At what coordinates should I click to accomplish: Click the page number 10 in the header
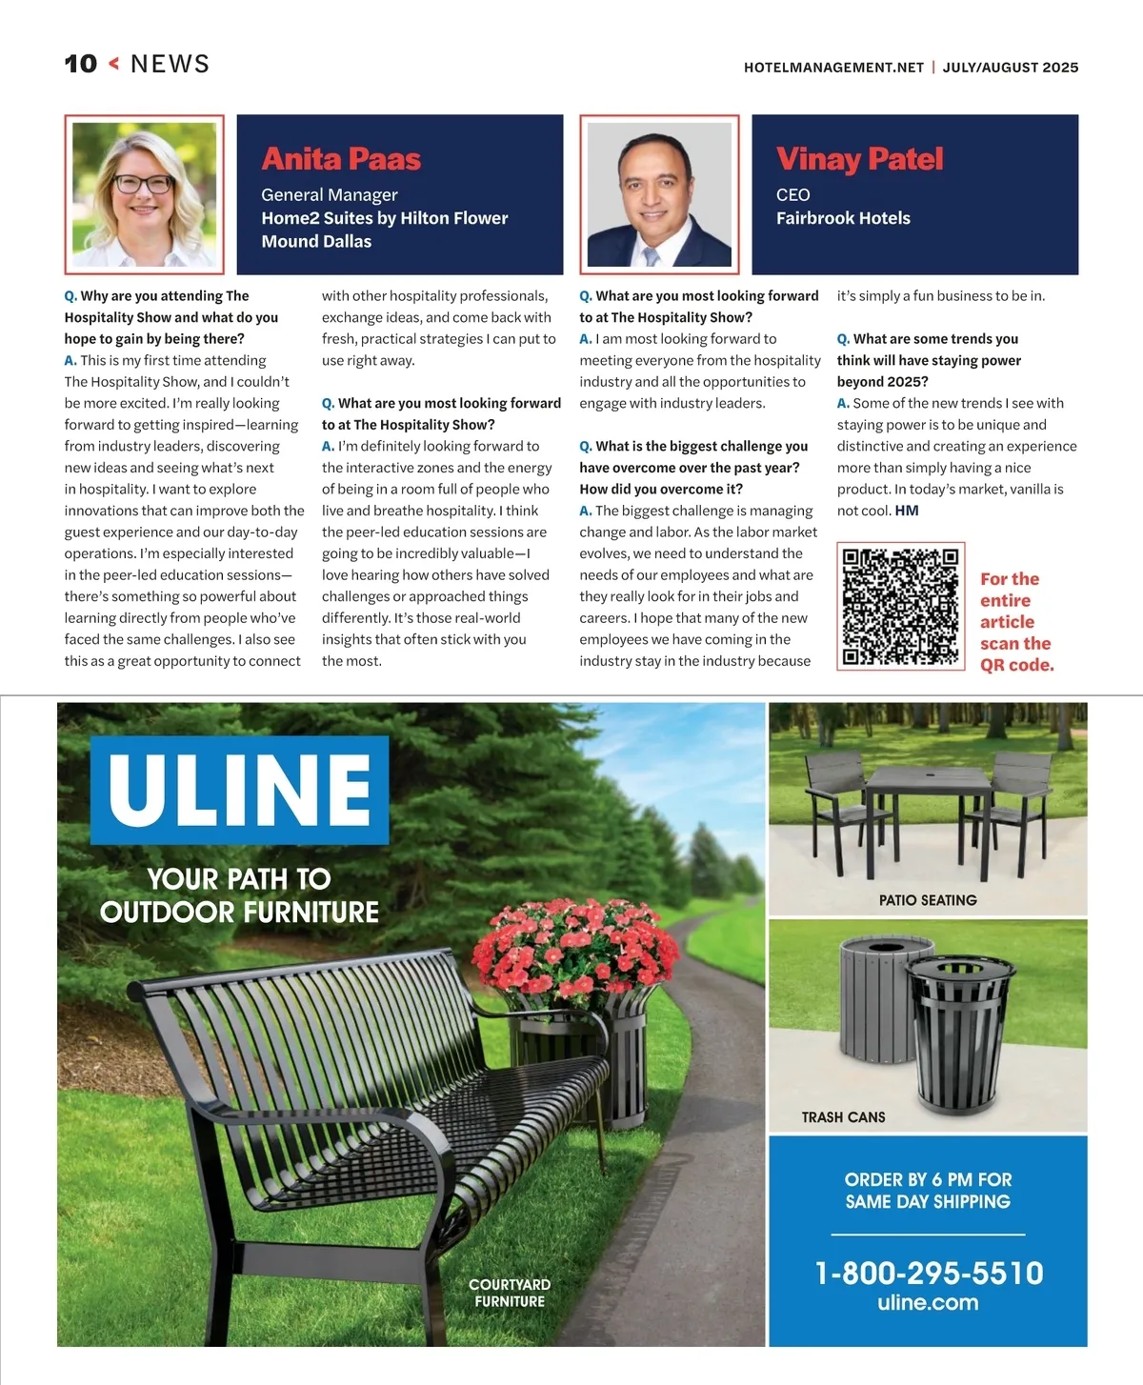[x=81, y=64]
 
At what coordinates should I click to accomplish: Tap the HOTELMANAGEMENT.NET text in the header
[x=833, y=68]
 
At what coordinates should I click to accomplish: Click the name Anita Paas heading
[x=341, y=159]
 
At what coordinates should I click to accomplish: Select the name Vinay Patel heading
[x=859, y=159]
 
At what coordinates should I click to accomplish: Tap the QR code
[x=900, y=606]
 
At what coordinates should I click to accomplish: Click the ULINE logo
[x=240, y=790]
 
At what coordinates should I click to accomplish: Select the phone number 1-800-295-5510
[x=929, y=1273]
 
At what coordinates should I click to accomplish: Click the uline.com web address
[x=928, y=1302]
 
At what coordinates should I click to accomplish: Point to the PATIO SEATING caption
[x=928, y=900]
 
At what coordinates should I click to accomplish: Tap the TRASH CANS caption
[x=843, y=1116]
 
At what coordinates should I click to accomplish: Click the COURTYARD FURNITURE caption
[x=510, y=1293]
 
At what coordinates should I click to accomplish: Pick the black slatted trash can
[x=957, y=1038]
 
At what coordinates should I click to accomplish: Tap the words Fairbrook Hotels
[x=843, y=218]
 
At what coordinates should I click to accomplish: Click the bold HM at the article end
[x=907, y=511]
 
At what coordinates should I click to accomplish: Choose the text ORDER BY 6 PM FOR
[x=928, y=1179]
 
